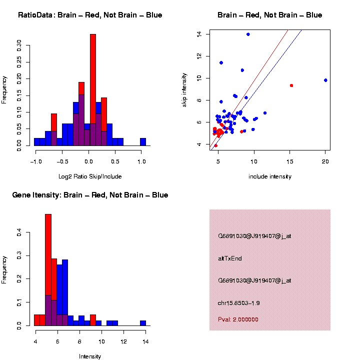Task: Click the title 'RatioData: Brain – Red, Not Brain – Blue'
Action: [90, 15]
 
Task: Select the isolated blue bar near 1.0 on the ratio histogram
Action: [143, 142]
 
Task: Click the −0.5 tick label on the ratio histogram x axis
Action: [61, 161]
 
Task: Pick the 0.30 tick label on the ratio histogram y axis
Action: [19, 46]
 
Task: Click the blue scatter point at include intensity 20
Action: [325, 80]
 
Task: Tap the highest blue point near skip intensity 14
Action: [248, 34]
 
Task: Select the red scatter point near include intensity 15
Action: [291, 85]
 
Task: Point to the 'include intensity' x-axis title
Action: [269, 176]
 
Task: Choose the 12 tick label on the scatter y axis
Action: [199, 56]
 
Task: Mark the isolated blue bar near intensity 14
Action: [143, 323]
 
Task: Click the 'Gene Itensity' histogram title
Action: [90, 195]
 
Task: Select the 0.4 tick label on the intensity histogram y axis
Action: [19, 232]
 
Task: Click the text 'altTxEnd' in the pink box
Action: [230, 258]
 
